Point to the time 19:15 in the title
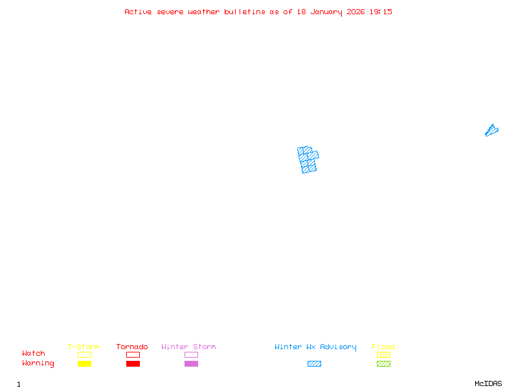coord(381,12)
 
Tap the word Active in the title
coord(139,12)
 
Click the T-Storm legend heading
coord(84,347)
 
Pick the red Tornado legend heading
coord(132,347)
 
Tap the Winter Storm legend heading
coord(188,347)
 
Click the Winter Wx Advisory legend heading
coord(315,347)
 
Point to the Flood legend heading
coord(383,347)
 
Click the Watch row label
coord(34,354)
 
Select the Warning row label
coord(38,363)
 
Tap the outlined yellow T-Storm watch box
coord(84,354)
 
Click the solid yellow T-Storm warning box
coord(84,363)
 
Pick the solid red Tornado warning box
coord(133,363)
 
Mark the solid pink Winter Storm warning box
coord(191,363)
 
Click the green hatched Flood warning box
coord(383,363)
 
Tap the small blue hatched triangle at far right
coord(491,131)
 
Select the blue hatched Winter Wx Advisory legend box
coord(314,363)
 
